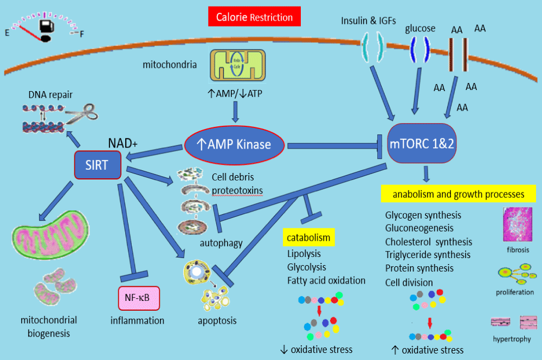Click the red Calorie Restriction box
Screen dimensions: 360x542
pos(254,17)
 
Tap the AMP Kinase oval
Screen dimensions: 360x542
pos(236,145)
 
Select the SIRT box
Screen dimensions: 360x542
pos(98,165)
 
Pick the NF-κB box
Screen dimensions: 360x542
pos(139,298)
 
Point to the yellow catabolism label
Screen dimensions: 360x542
pos(309,237)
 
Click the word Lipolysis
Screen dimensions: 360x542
pos(304,254)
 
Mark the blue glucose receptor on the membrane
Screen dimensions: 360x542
pos(420,47)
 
